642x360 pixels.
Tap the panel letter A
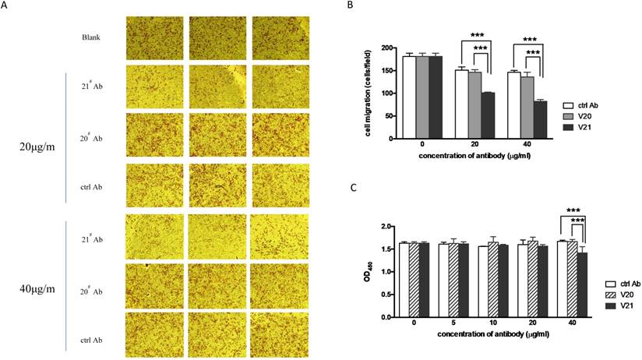(5, 5)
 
